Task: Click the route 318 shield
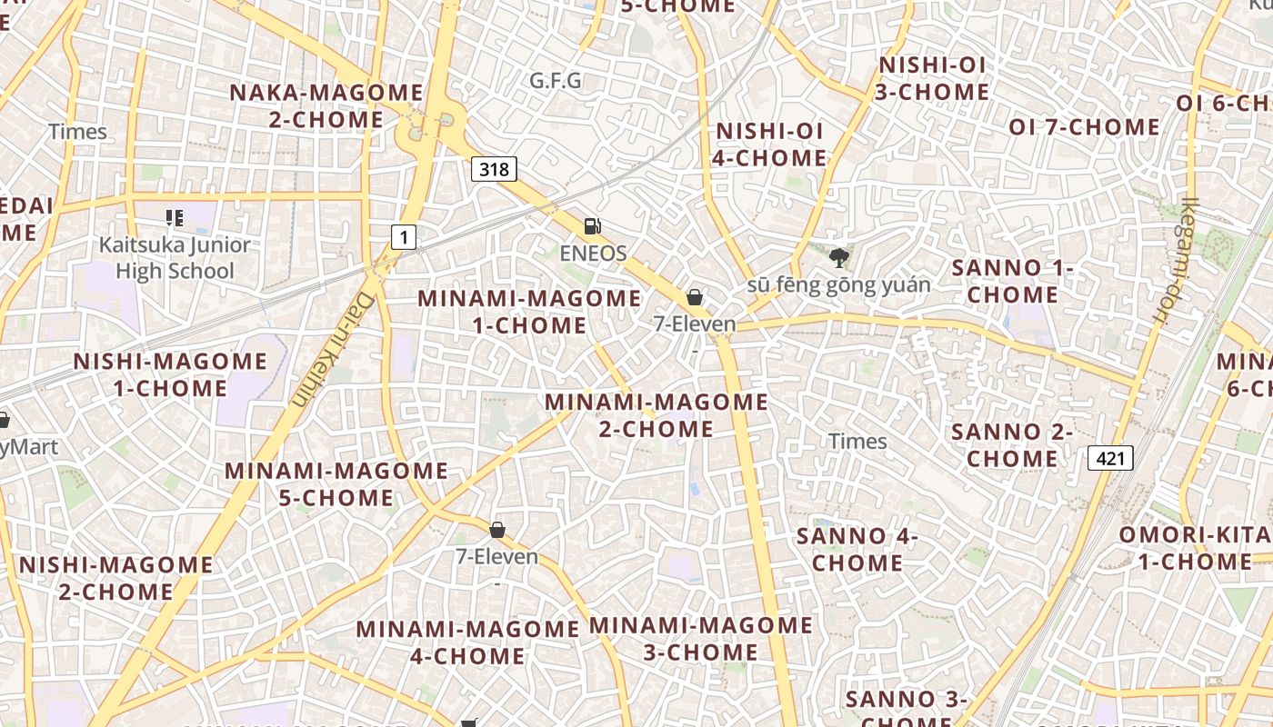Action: pos(495,168)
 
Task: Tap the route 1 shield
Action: pos(403,237)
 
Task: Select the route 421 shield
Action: pos(1110,458)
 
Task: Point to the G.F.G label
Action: pos(556,81)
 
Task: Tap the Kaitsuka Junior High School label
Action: pos(175,257)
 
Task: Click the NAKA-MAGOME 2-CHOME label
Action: pos(326,105)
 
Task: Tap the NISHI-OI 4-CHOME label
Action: pos(770,144)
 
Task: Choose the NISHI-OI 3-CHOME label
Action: pos(932,78)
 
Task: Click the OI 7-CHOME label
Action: pos(1084,127)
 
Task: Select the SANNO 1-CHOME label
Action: pos(1012,281)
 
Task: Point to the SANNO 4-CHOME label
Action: pos(857,549)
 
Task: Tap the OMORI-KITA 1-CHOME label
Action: pos(1193,547)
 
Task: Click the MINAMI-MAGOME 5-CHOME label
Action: pos(336,484)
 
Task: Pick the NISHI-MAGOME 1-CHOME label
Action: pos(170,374)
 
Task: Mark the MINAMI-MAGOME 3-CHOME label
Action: pos(700,638)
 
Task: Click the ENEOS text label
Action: pos(593,253)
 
